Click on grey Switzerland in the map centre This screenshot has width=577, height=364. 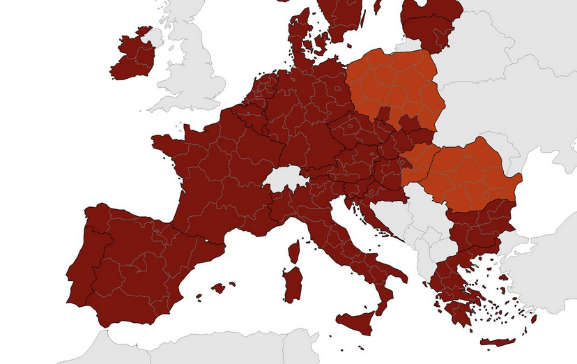coord(286,179)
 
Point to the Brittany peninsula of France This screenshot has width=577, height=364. coord(167,142)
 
